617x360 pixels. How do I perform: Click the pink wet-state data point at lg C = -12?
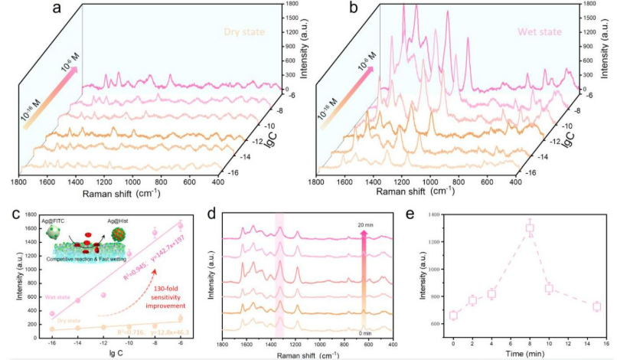[x=103, y=295]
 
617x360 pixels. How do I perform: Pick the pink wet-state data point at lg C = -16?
[x=52, y=313]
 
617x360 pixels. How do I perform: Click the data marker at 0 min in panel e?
[x=453, y=315]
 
